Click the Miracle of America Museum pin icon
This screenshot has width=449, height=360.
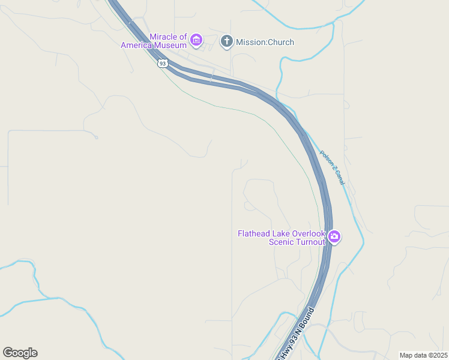(196, 41)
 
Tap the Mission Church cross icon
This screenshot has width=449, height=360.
(226, 41)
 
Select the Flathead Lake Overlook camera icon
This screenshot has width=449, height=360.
(334, 237)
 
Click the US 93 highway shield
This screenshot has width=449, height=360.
(163, 63)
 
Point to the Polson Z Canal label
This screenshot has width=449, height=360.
(333, 167)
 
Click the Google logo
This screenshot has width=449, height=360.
(20, 353)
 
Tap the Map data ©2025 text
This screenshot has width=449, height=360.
(424, 355)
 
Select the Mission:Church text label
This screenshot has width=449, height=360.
(265, 42)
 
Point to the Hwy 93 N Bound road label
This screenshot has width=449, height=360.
(296, 334)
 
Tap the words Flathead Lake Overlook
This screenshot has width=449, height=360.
(281, 233)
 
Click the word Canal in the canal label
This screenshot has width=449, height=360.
(339, 177)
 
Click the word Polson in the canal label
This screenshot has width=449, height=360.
(326, 158)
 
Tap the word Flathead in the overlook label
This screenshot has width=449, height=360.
(255, 233)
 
